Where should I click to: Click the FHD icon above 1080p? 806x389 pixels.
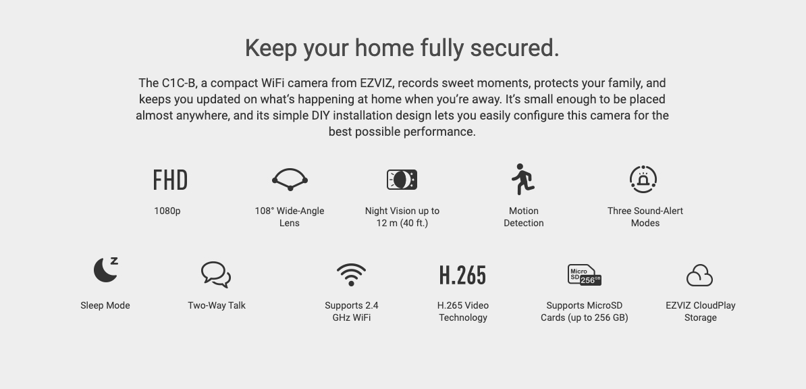pos(170,180)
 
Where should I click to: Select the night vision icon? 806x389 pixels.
pos(402,180)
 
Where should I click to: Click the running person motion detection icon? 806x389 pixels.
pos(522,179)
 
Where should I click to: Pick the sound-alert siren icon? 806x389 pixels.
pos(643,180)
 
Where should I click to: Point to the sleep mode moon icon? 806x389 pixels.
pos(105,269)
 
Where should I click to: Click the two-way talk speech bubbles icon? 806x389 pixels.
pos(216,275)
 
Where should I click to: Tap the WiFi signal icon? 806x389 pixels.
pos(351,275)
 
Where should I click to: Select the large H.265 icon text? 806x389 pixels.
pos(462,276)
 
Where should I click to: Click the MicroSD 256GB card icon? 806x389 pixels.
pos(585,275)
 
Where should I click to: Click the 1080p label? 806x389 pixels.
pos(167,211)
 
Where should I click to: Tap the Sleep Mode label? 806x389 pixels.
pos(105,306)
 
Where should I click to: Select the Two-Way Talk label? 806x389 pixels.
pos(217,306)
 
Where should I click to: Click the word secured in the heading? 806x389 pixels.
pos(514,48)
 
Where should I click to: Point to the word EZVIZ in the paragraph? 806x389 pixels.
pos(377,83)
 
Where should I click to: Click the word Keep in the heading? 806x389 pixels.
pos(271,49)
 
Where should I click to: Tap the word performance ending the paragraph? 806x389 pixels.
pos(439,132)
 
